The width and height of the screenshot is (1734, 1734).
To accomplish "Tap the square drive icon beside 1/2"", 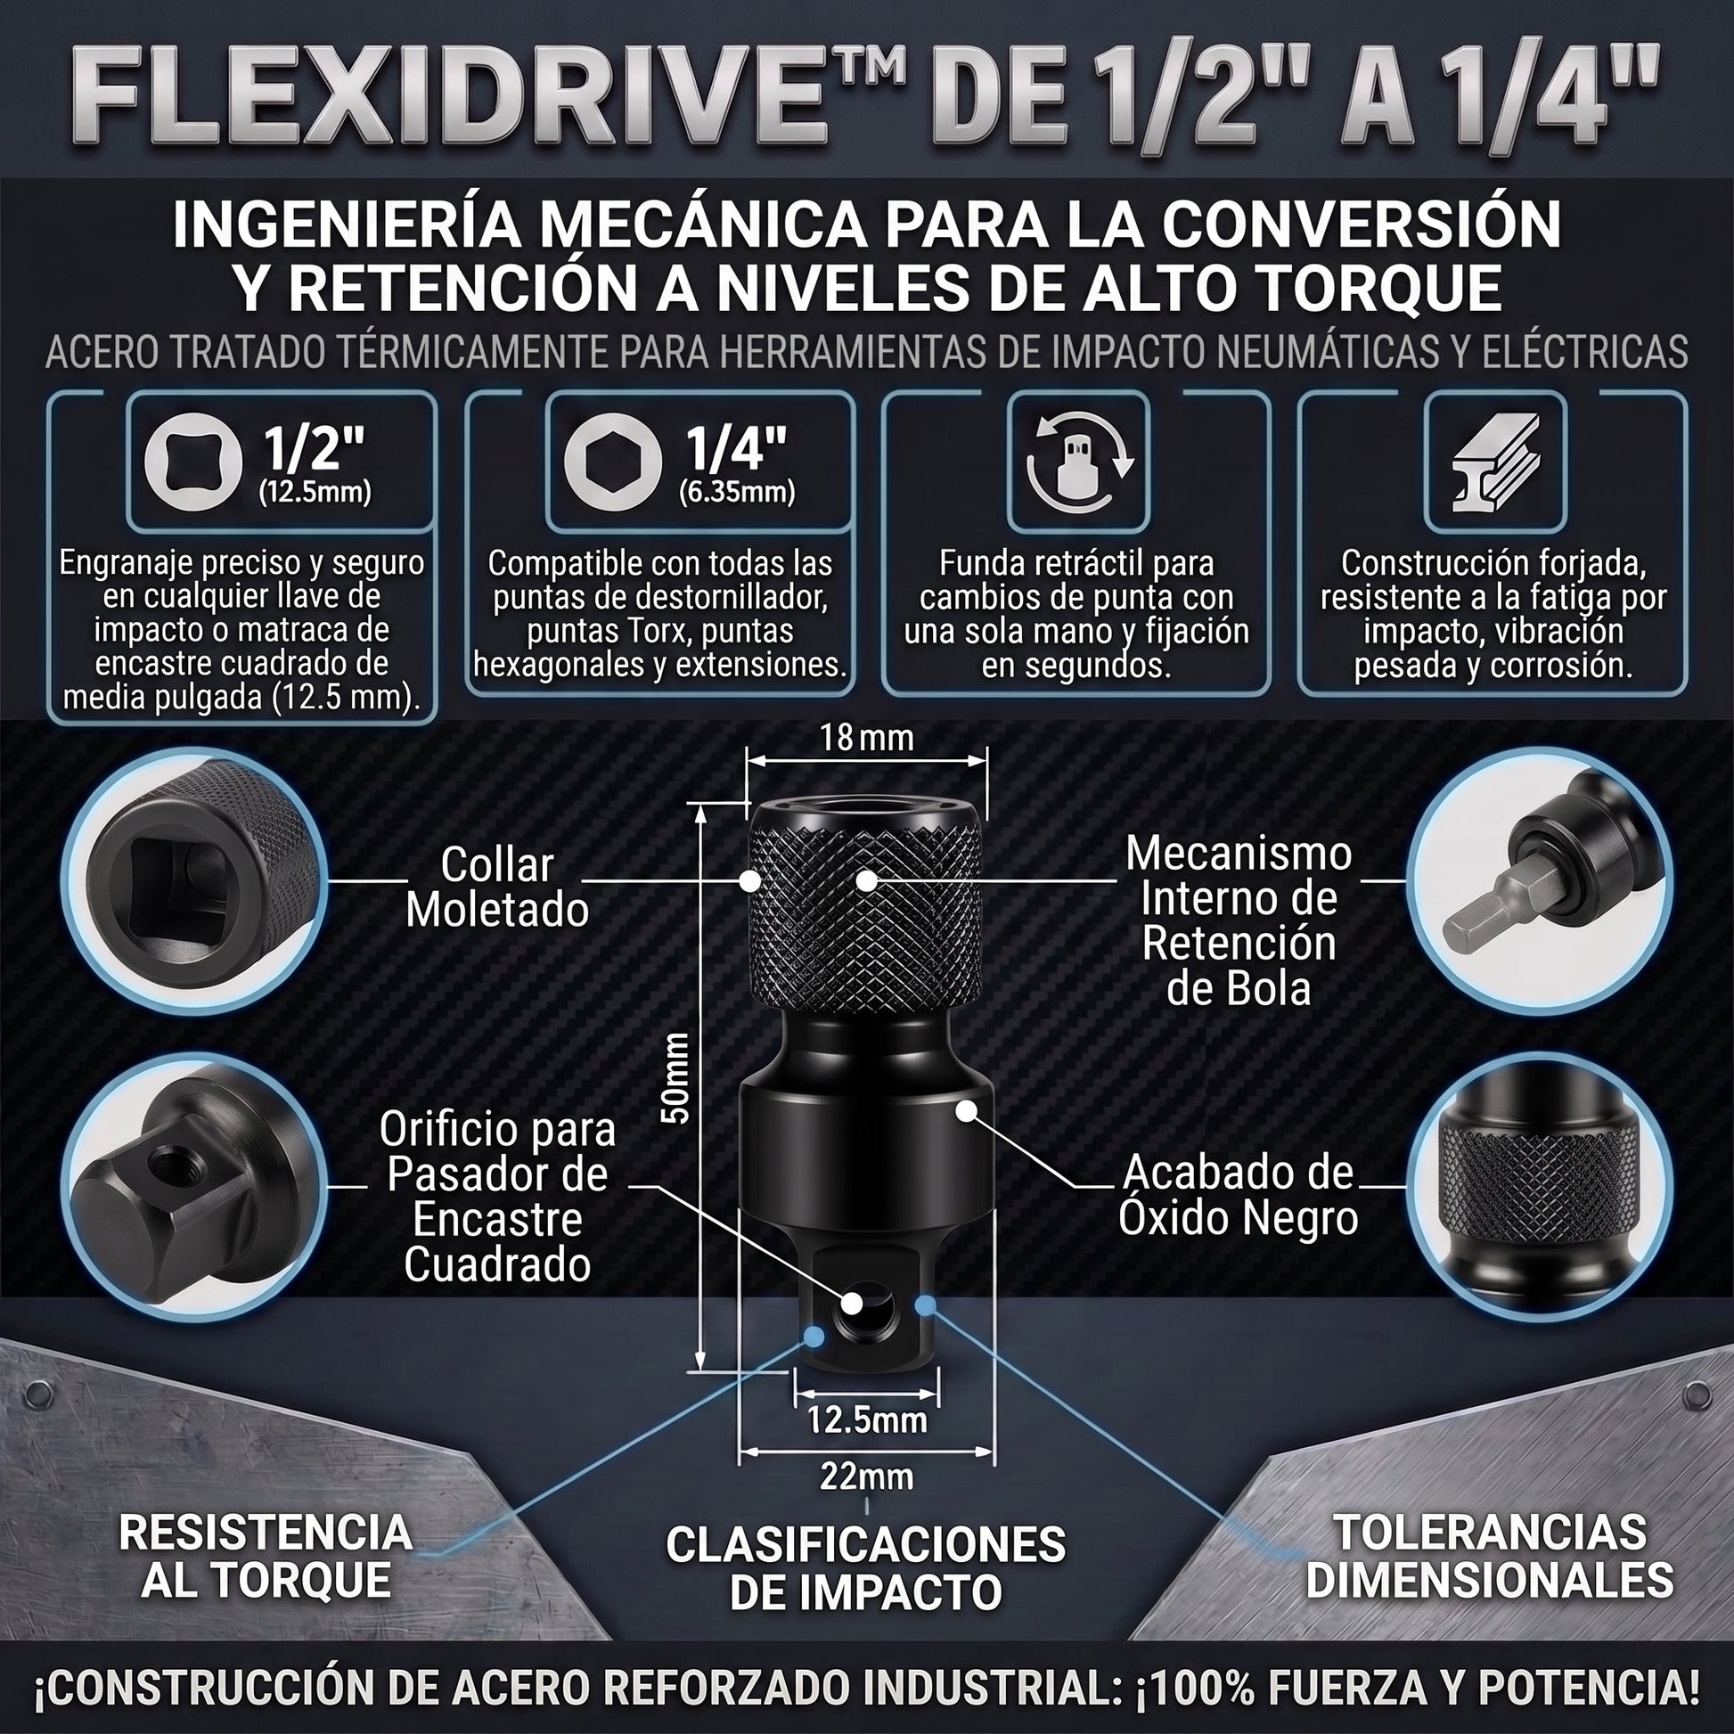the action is (x=193, y=463).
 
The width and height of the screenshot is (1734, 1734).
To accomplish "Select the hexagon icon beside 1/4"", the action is (x=613, y=463).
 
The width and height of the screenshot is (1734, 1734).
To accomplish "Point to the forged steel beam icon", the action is (x=1495, y=463).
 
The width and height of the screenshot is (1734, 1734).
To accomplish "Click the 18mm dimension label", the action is (x=866, y=738).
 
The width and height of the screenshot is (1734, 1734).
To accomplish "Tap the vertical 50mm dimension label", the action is (x=675, y=1078).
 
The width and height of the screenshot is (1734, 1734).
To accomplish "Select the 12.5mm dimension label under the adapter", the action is (x=867, y=1419).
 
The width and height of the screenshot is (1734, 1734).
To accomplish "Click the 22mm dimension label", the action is (x=867, y=1476).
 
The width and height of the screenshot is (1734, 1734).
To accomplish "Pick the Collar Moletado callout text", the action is (x=497, y=887).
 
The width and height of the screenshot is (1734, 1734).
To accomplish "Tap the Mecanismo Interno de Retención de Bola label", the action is (x=1239, y=920).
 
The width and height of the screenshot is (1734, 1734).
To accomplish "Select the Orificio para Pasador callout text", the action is (x=497, y=1198).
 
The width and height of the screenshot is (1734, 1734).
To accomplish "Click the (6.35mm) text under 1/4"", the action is (x=737, y=493).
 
